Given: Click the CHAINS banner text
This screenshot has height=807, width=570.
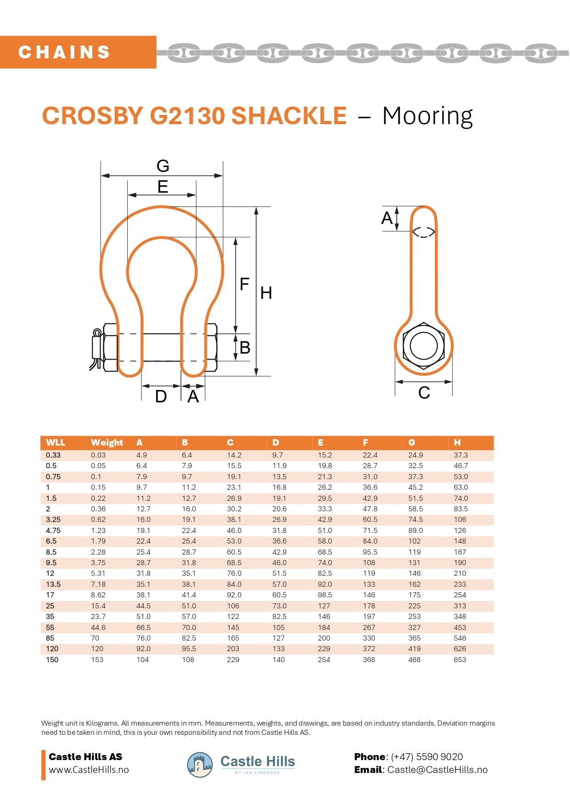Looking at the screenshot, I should point(64,52).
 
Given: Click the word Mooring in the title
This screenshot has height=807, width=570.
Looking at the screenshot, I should point(427,116).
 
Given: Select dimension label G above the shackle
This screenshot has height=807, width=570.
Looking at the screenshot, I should point(163,166).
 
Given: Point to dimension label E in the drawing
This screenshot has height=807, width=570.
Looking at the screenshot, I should point(163,187).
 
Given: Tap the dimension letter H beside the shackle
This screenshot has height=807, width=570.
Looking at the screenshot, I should point(266,293).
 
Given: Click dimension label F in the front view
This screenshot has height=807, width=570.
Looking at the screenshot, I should point(244,284).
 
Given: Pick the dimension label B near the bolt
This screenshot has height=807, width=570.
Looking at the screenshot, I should point(245,348).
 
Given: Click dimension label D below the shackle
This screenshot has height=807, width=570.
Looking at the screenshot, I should point(161,396).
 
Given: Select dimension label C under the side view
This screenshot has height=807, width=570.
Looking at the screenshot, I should point(424,393).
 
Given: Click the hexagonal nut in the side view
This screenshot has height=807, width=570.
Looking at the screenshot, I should point(423,346).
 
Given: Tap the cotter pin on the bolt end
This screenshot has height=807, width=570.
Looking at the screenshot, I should point(96,348).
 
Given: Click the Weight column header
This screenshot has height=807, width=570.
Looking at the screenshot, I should point(107,442).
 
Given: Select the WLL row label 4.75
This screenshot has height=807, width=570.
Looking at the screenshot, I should point(53,530).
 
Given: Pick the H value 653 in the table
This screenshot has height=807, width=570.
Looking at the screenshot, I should point(460,659).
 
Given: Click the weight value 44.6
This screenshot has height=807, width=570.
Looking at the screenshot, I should point(98,627).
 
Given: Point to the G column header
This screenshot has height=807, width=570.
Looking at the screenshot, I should point(412,442).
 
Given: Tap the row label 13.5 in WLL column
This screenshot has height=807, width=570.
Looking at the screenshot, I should point(53,584).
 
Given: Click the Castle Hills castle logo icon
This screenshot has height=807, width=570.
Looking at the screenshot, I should point(200,765).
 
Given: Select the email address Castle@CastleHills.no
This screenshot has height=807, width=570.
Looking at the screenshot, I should point(437,770).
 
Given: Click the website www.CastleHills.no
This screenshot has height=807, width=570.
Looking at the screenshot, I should point(89,770).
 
